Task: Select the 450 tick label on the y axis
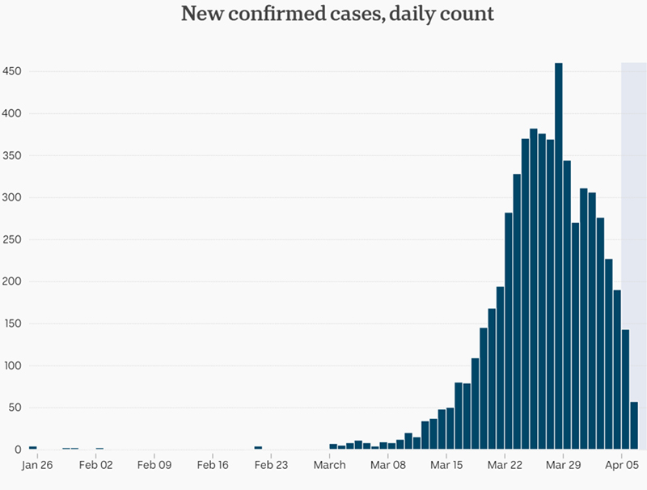pyautogui.click(x=12, y=71)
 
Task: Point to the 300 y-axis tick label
pyautogui.click(x=12, y=197)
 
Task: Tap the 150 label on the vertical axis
pyautogui.click(x=12, y=323)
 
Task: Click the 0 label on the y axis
pyautogui.click(x=18, y=450)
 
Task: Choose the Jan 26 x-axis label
pyautogui.click(x=36, y=465)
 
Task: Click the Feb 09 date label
pyautogui.click(x=154, y=465)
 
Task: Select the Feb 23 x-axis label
pyautogui.click(x=271, y=465)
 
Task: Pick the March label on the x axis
pyautogui.click(x=329, y=465)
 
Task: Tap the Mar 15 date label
pyautogui.click(x=446, y=465)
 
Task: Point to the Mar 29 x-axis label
pyautogui.click(x=564, y=465)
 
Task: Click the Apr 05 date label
pyautogui.click(x=622, y=465)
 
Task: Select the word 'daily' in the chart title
pyautogui.click(x=419, y=15)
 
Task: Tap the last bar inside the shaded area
pyautogui.click(x=634, y=425)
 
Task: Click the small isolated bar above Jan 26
pyautogui.click(x=32, y=447)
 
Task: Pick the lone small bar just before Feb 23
pyautogui.click(x=258, y=447)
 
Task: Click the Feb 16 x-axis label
pyautogui.click(x=213, y=465)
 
